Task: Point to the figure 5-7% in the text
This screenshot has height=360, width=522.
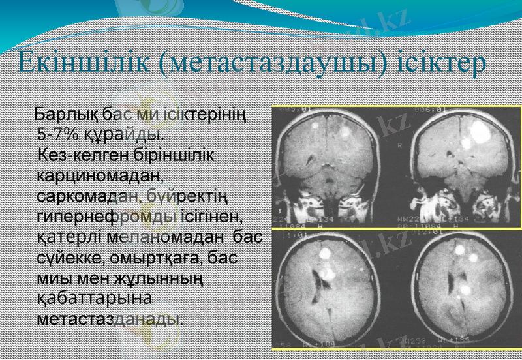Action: click(x=57, y=136)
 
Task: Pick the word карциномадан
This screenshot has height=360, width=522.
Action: click(x=99, y=176)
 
